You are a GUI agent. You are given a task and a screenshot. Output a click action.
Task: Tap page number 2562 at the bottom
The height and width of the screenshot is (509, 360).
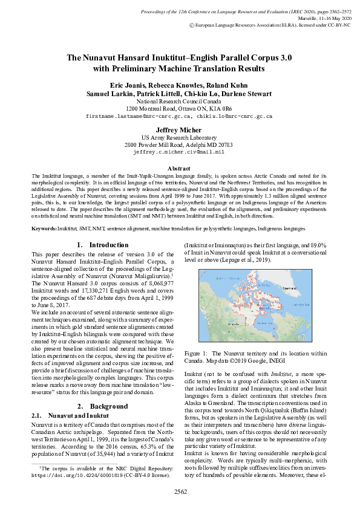coord(180,492)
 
